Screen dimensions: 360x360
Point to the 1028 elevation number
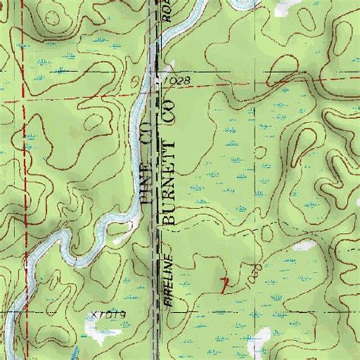[x=172, y=80]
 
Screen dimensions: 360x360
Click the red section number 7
[x=223, y=285]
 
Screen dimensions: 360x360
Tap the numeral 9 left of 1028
[x=137, y=78]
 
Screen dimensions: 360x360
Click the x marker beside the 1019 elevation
[x=92, y=314]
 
